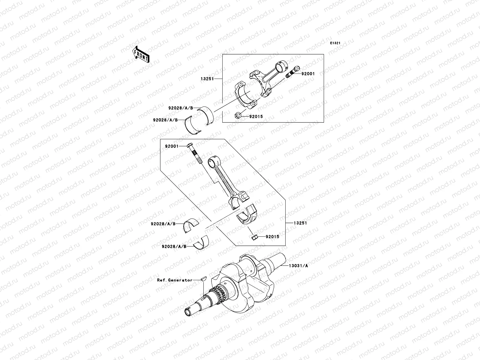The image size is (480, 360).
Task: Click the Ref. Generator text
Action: [175, 280]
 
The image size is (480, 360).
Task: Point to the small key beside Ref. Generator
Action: [203, 278]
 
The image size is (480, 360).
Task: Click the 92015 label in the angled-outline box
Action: [272, 237]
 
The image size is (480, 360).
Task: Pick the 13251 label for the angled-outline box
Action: [301, 223]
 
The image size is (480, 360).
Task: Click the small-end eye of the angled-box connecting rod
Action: [213, 162]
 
